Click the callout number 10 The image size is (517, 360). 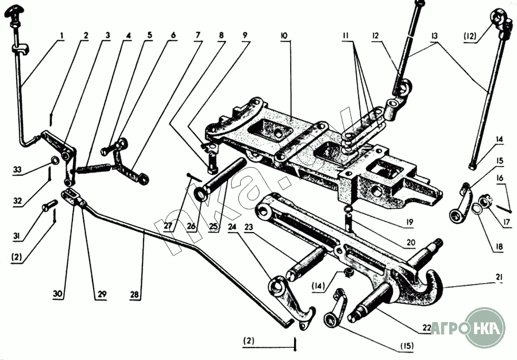pyautogui.click(x=284, y=36)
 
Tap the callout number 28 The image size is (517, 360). pyautogui.click(x=134, y=294)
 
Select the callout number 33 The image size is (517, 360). pyautogui.click(x=17, y=170)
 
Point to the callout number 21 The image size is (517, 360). pyautogui.click(x=499, y=277)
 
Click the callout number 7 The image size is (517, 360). pyautogui.click(x=198, y=35)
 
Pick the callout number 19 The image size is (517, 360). pyautogui.click(x=409, y=222)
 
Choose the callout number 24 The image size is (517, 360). pyautogui.click(x=232, y=227)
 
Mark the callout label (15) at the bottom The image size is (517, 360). pyautogui.click(x=407, y=346)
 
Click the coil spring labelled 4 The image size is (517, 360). pyautogui.click(x=94, y=168)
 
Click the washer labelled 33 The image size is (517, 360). pyautogui.click(x=55, y=161)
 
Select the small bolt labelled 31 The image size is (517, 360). pyautogui.click(x=48, y=207)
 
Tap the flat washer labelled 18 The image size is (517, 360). pyautogui.click(x=476, y=208)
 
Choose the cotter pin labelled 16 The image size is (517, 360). pyautogui.click(x=503, y=209)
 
